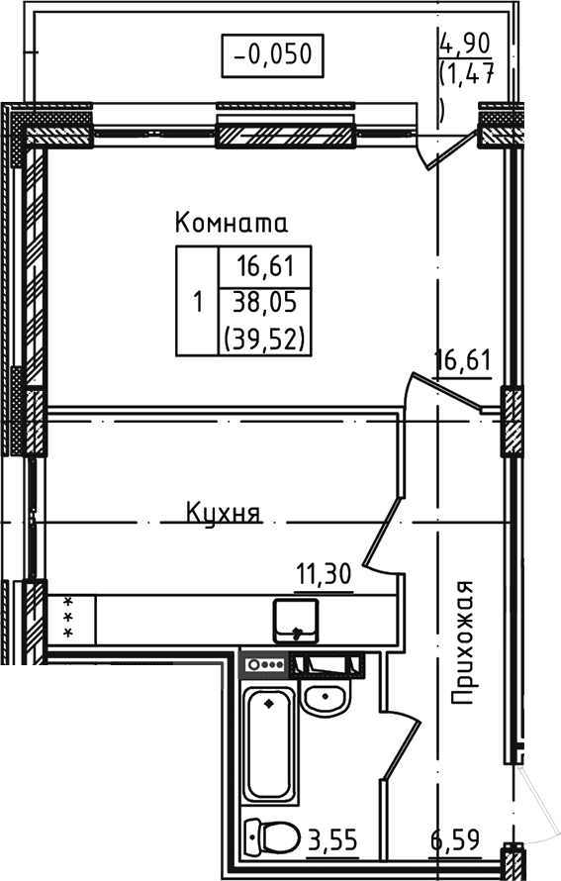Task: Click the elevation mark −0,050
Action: coord(272,54)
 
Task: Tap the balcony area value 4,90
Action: coord(466,45)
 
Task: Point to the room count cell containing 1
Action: coord(197,301)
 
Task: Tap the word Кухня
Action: coord(223,513)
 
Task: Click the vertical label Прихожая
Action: coord(464,643)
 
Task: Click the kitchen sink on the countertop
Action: coord(297,620)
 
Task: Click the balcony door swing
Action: coord(442,150)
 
